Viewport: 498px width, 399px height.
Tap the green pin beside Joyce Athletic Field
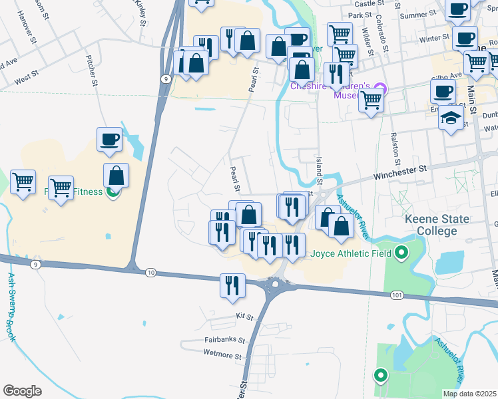coord(401,253)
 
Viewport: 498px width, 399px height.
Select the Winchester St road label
coord(399,170)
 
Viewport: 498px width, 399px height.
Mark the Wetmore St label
coord(222,356)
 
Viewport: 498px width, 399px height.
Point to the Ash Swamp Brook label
coord(11,307)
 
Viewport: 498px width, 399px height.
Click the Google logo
coord(22,391)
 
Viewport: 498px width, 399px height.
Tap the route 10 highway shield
coord(151,273)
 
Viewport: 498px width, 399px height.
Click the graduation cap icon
coord(451,118)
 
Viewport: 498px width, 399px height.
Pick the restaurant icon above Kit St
coord(232,285)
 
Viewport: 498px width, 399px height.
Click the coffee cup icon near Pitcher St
coord(109,139)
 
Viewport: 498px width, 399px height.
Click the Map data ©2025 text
coord(470,394)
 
